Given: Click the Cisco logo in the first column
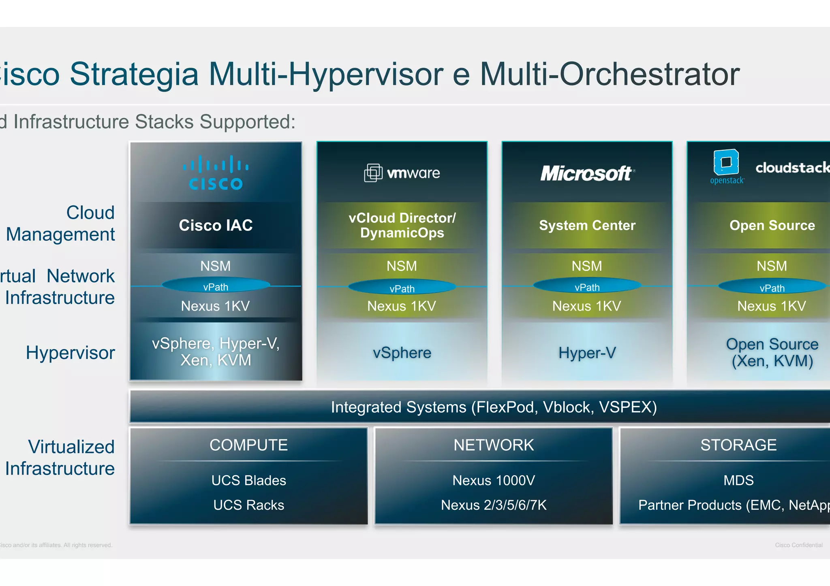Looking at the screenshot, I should (216, 173).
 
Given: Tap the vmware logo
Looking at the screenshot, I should (402, 173).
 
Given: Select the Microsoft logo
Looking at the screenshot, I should (587, 173).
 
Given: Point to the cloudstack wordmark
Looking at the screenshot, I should (792, 168).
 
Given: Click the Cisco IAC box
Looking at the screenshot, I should (216, 225).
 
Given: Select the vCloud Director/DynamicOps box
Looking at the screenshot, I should (402, 225).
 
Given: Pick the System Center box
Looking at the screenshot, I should (587, 225).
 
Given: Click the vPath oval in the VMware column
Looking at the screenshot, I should (402, 288).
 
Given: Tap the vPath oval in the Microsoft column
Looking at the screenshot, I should (587, 287).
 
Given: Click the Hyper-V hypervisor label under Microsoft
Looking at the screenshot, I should (587, 353).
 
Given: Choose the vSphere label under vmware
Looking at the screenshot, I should (402, 353).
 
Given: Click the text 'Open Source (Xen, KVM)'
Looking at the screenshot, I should (772, 352).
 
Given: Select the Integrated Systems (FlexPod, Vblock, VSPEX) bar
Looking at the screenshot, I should (494, 407).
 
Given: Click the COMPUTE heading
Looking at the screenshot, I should (248, 445).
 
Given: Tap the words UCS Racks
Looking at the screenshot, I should (248, 505).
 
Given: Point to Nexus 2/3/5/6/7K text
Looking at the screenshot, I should (494, 505).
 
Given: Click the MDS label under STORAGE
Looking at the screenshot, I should (738, 480).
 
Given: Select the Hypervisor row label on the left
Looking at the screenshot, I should (70, 353).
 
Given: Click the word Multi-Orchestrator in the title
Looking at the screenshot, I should (610, 74).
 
